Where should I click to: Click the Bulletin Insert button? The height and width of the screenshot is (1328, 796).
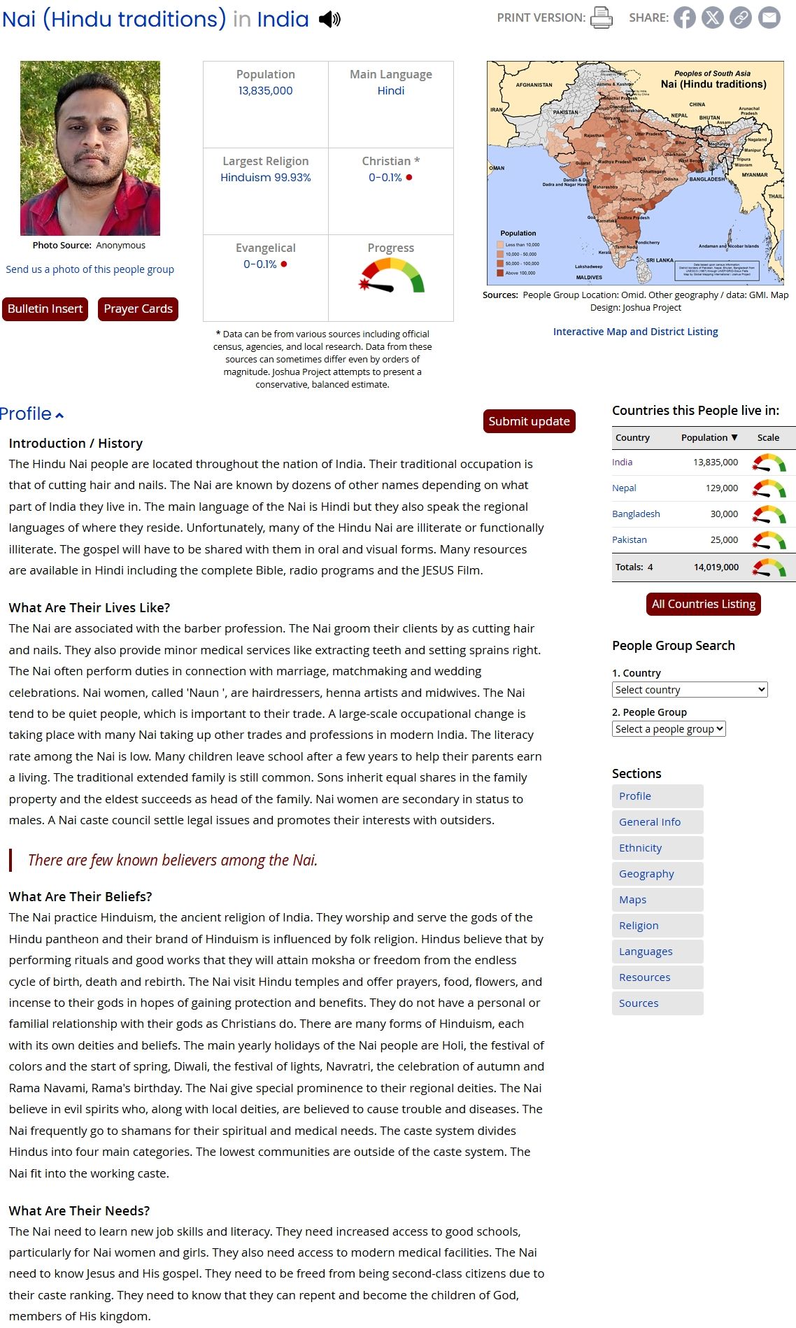(x=45, y=309)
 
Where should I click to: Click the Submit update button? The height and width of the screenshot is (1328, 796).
(x=529, y=421)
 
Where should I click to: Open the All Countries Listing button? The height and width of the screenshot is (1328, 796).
(x=703, y=604)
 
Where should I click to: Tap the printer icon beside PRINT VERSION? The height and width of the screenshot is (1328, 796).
(x=601, y=17)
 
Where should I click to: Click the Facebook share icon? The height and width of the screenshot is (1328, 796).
(x=685, y=17)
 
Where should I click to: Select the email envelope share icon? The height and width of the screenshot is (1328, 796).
(x=769, y=17)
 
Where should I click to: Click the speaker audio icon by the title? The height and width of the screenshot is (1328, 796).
(x=329, y=20)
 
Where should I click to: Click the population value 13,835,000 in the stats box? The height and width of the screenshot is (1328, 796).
(x=265, y=90)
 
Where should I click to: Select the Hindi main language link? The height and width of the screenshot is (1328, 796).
(x=390, y=90)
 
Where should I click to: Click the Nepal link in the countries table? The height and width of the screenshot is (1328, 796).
(x=624, y=488)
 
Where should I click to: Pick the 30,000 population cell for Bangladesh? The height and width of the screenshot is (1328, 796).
(x=724, y=514)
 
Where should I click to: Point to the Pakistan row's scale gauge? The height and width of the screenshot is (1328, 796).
(x=769, y=540)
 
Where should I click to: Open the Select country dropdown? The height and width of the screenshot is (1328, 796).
(x=690, y=689)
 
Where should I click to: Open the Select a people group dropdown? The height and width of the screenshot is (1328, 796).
(x=669, y=728)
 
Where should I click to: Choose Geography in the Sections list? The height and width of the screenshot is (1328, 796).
(x=646, y=873)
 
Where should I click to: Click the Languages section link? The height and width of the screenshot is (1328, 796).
(x=646, y=951)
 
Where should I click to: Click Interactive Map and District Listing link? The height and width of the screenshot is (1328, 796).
(x=635, y=332)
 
